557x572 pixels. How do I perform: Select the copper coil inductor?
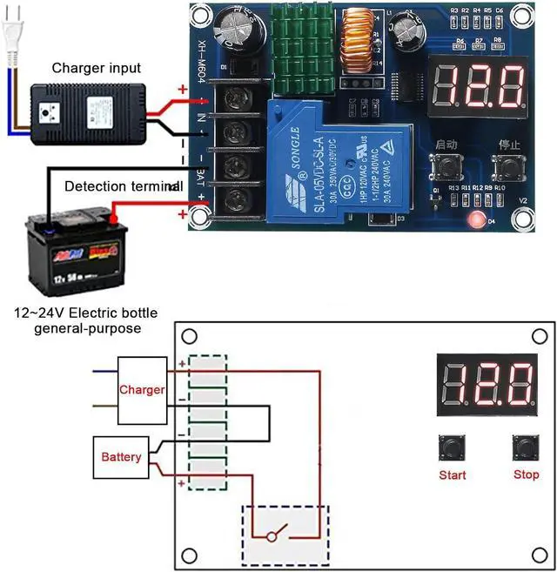click(356, 43)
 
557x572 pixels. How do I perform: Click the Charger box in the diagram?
click(142, 389)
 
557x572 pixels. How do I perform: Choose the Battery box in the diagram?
click(121, 456)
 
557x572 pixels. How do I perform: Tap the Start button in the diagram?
click(452, 448)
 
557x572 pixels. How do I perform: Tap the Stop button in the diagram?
click(525, 448)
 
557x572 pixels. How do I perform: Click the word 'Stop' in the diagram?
click(526, 475)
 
